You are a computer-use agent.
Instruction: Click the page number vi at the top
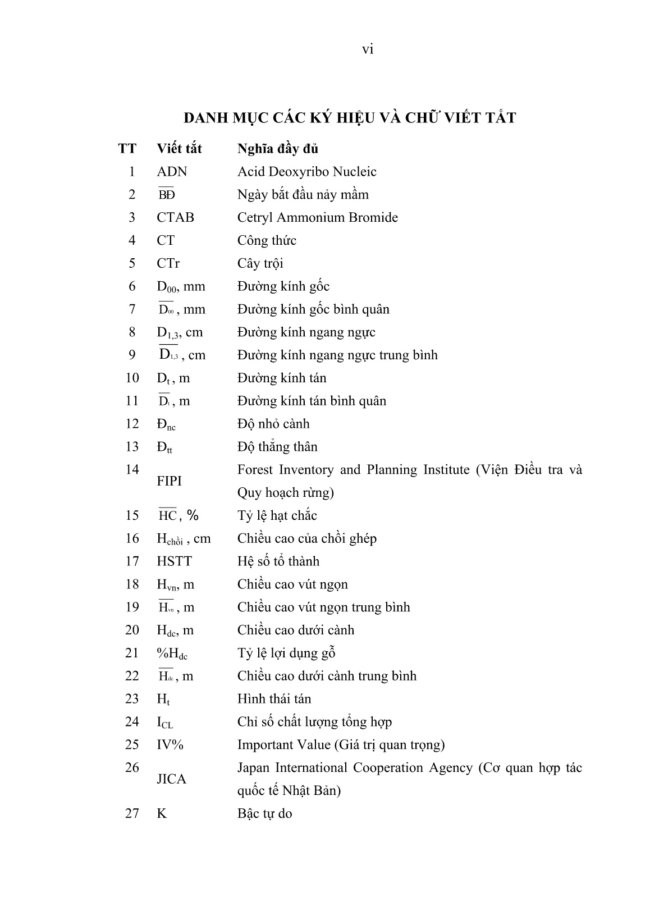coord(367,50)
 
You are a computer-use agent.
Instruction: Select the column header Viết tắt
coord(179,149)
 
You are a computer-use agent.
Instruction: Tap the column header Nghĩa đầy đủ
coord(277,149)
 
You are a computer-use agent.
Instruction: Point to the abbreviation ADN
coord(172,172)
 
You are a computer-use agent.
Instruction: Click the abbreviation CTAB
coord(175,218)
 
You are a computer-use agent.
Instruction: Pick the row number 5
coord(132,263)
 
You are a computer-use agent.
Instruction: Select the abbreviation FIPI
coord(170,481)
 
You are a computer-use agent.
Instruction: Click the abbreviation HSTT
coord(174,561)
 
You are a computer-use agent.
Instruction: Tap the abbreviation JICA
coord(171,779)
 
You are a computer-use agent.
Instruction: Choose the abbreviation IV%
coord(170,745)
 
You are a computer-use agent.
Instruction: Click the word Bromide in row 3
coord(374,218)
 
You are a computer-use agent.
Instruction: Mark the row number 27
coord(131,813)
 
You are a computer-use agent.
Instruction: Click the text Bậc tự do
coord(264,813)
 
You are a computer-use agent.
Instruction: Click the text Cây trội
coord(260,263)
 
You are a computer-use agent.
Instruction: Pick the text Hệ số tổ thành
coord(278,561)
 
